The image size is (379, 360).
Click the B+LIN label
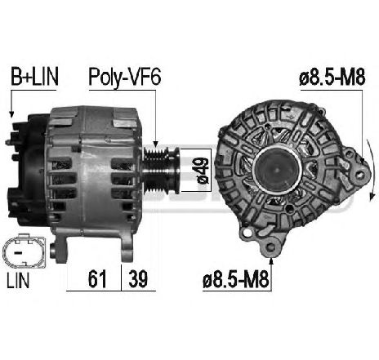(34, 77)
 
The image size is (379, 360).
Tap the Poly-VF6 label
(125, 78)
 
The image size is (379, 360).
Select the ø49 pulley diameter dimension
(203, 171)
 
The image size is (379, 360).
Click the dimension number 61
(97, 279)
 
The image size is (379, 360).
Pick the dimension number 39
(138, 279)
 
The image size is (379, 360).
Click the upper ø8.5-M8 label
(332, 78)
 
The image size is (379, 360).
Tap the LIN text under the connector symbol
(18, 281)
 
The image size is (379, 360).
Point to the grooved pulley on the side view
(161, 170)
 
